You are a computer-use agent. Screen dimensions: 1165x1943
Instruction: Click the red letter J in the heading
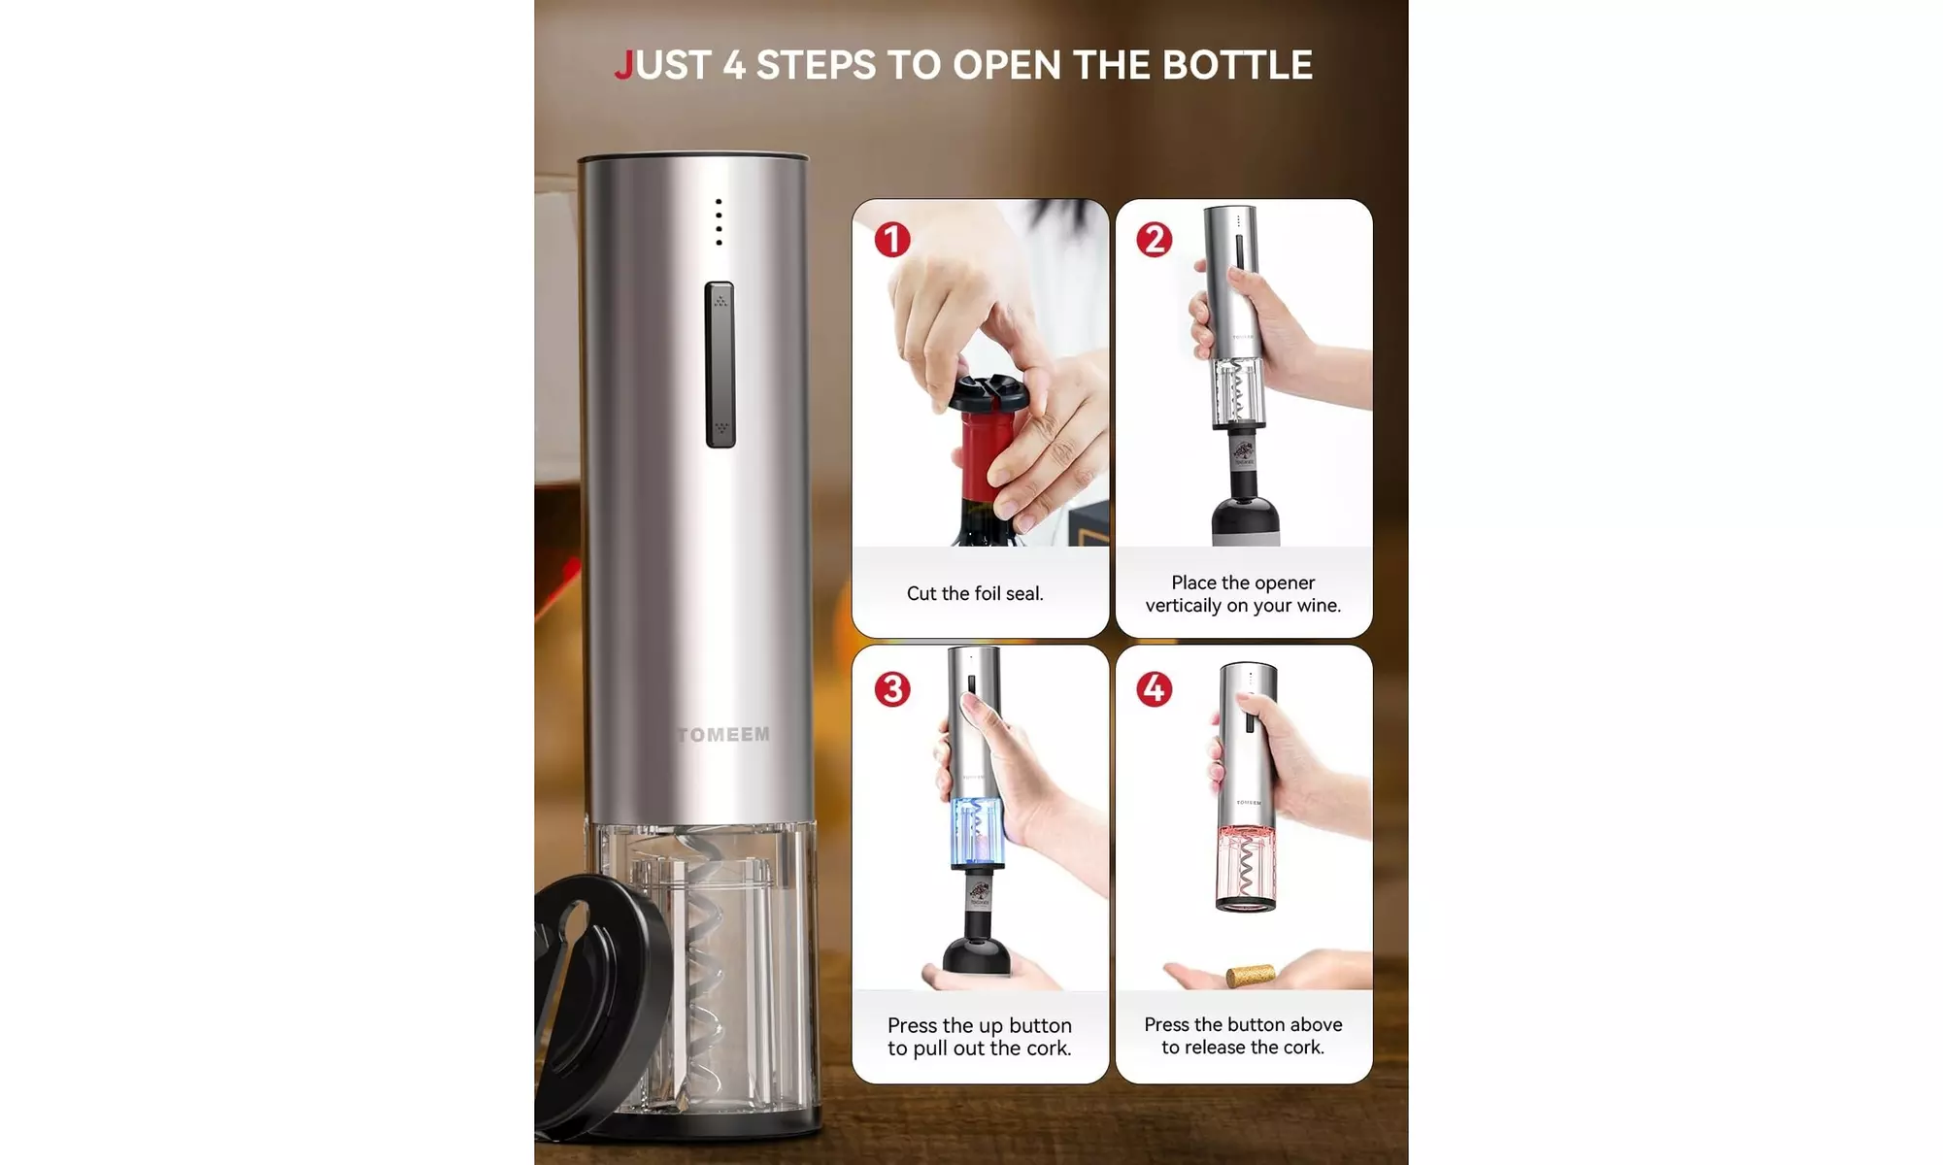click(623, 66)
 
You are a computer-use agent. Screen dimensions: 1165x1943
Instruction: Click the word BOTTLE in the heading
click(1237, 65)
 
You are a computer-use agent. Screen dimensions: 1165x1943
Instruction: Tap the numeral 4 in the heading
click(734, 65)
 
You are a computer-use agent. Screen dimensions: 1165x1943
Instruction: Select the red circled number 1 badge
click(892, 239)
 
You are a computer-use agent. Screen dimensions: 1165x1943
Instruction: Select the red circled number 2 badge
click(1155, 239)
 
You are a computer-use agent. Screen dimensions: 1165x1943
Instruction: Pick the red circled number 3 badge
click(892, 689)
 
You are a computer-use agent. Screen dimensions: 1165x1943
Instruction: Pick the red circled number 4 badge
click(1155, 689)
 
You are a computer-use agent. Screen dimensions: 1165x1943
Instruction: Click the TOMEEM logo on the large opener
click(723, 735)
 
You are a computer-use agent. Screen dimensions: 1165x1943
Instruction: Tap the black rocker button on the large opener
click(720, 364)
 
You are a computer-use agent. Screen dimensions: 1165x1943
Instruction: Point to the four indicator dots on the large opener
click(719, 222)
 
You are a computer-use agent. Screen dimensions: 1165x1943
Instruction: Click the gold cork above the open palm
click(1250, 975)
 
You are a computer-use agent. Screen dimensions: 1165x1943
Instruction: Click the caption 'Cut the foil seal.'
click(975, 593)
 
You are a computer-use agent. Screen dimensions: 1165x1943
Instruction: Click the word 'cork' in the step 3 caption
click(1048, 1048)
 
